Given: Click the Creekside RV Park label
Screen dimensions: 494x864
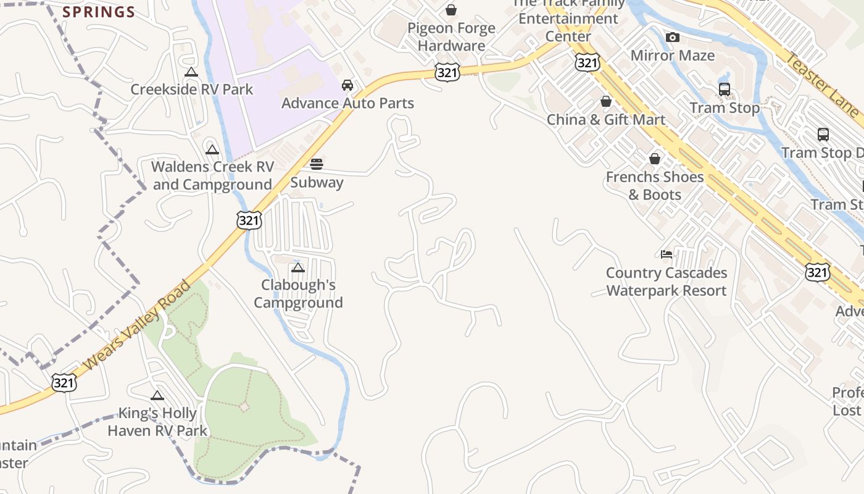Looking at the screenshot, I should pyautogui.click(x=191, y=90).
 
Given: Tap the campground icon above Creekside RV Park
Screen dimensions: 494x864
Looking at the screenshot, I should pyautogui.click(x=191, y=72).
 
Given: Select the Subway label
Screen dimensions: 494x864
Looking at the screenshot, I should pyautogui.click(x=317, y=183).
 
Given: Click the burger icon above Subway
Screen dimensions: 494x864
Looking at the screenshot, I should pyautogui.click(x=317, y=164).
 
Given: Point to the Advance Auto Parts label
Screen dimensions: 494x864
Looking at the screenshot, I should pyautogui.click(x=347, y=103).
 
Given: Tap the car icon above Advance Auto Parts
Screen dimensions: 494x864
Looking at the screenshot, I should pyautogui.click(x=347, y=85).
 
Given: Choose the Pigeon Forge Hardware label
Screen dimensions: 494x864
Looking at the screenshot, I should pyautogui.click(x=451, y=37).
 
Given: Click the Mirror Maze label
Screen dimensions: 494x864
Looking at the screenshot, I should pyautogui.click(x=672, y=56).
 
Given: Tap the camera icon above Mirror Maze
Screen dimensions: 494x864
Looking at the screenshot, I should pyautogui.click(x=673, y=38).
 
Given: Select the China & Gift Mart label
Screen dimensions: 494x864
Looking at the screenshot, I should pyautogui.click(x=606, y=120).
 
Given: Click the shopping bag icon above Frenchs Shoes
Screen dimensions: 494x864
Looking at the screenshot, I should pyautogui.click(x=655, y=159).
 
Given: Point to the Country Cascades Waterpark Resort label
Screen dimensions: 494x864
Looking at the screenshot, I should pyautogui.click(x=667, y=282).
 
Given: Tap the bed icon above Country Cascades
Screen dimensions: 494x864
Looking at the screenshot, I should pyautogui.click(x=667, y=254).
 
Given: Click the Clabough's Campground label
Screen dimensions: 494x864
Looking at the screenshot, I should pyautogui.click(x=298, y=294).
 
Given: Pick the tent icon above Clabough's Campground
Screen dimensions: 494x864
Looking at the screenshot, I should pyautogui.click(x=298, y=268).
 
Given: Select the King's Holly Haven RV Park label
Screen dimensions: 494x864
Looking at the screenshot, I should pyautogui.click(x=157, y=422).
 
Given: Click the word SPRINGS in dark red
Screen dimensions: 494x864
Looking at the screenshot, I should pyautogui.click(x=99, y=12).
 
